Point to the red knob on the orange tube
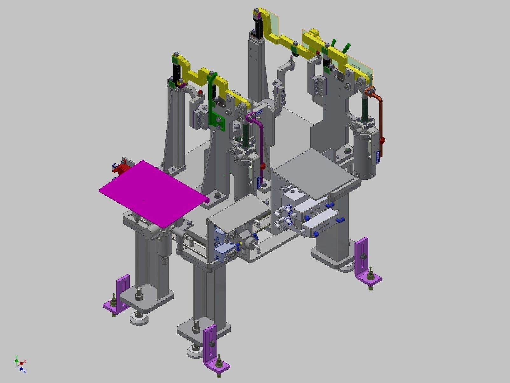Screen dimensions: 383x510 coord(382,140)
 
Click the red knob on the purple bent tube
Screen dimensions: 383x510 coord(263,166)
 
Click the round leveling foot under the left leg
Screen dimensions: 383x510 coord(138,318)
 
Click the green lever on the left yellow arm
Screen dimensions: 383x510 coord(212,77)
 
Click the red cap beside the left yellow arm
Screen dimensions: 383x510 coord(200,93)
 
